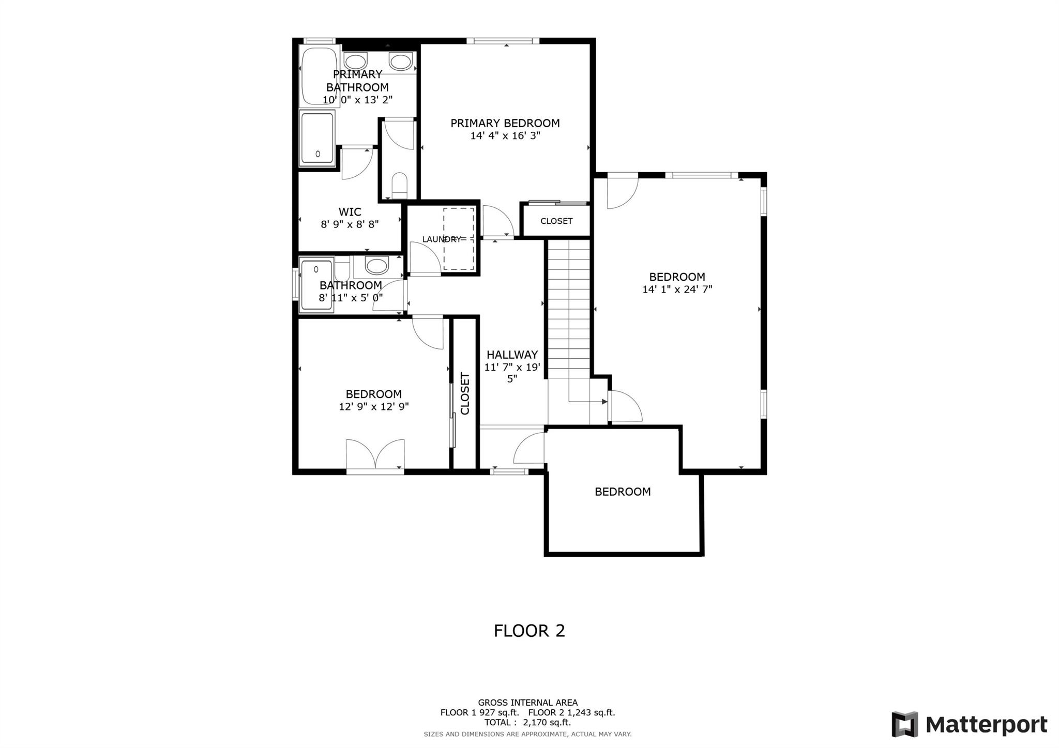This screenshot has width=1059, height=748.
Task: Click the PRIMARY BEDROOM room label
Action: click(505, 123)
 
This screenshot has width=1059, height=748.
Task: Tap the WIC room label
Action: click(350, 212)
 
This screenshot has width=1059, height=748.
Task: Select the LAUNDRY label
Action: click(441, 239)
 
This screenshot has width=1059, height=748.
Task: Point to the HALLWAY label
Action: click(512, 355)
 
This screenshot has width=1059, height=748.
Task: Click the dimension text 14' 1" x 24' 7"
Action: click(677, 289)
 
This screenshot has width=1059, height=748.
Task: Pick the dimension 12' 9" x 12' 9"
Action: click(373, 407)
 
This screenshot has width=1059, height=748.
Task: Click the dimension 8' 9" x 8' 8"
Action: click(350, 224)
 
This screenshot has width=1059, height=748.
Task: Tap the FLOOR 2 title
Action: click(529, 631)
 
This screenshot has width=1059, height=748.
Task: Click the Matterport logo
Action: click(969, 724)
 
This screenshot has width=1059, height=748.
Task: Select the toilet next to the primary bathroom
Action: click(399, 185)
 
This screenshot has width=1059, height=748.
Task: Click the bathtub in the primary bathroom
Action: click(319, 77)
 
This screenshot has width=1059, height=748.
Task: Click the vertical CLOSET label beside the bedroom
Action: click(465, 393)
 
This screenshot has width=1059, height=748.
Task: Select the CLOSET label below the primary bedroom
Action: click(556, 221)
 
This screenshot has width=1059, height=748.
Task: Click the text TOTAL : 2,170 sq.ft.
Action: click(527, 723)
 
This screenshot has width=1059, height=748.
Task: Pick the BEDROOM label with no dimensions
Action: click(623, 492)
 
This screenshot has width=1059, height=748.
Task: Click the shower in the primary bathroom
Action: click(317, 138)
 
